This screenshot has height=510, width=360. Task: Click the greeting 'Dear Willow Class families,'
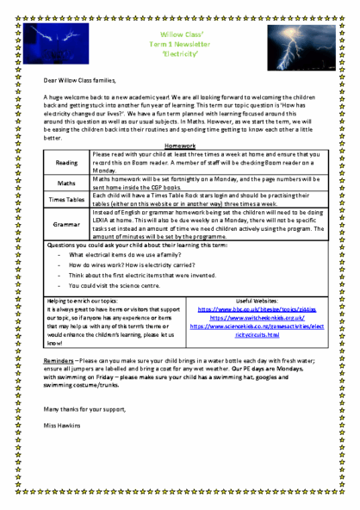point(80,79)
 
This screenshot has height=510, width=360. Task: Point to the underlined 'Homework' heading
point(180,146)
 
